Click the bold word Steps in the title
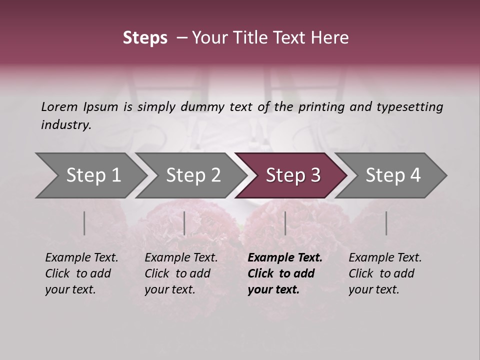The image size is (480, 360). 145,38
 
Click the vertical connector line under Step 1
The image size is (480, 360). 84,223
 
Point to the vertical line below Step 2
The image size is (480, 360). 184,223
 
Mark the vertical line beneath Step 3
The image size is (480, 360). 285,223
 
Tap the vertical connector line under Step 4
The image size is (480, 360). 386,223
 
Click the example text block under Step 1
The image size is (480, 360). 81,273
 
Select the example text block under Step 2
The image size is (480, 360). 181,273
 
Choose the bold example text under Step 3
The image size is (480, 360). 285,273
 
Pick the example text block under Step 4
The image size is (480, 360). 385,273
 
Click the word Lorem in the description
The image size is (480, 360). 59,106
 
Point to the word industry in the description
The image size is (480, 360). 66,125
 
